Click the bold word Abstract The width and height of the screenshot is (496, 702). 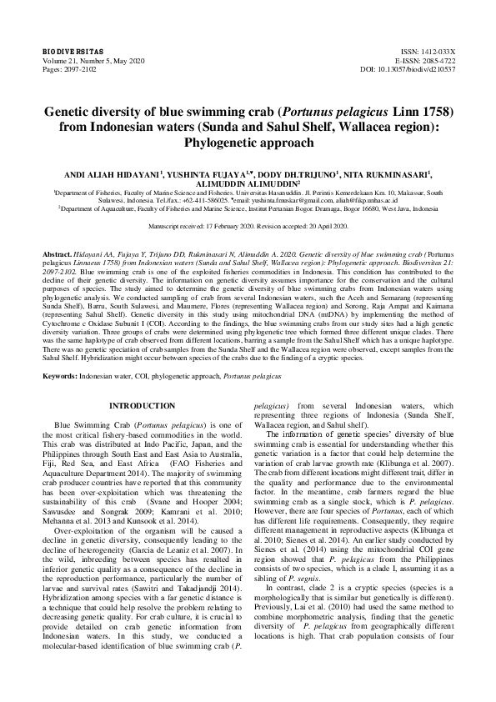56,251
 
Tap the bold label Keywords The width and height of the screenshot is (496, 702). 63,376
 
